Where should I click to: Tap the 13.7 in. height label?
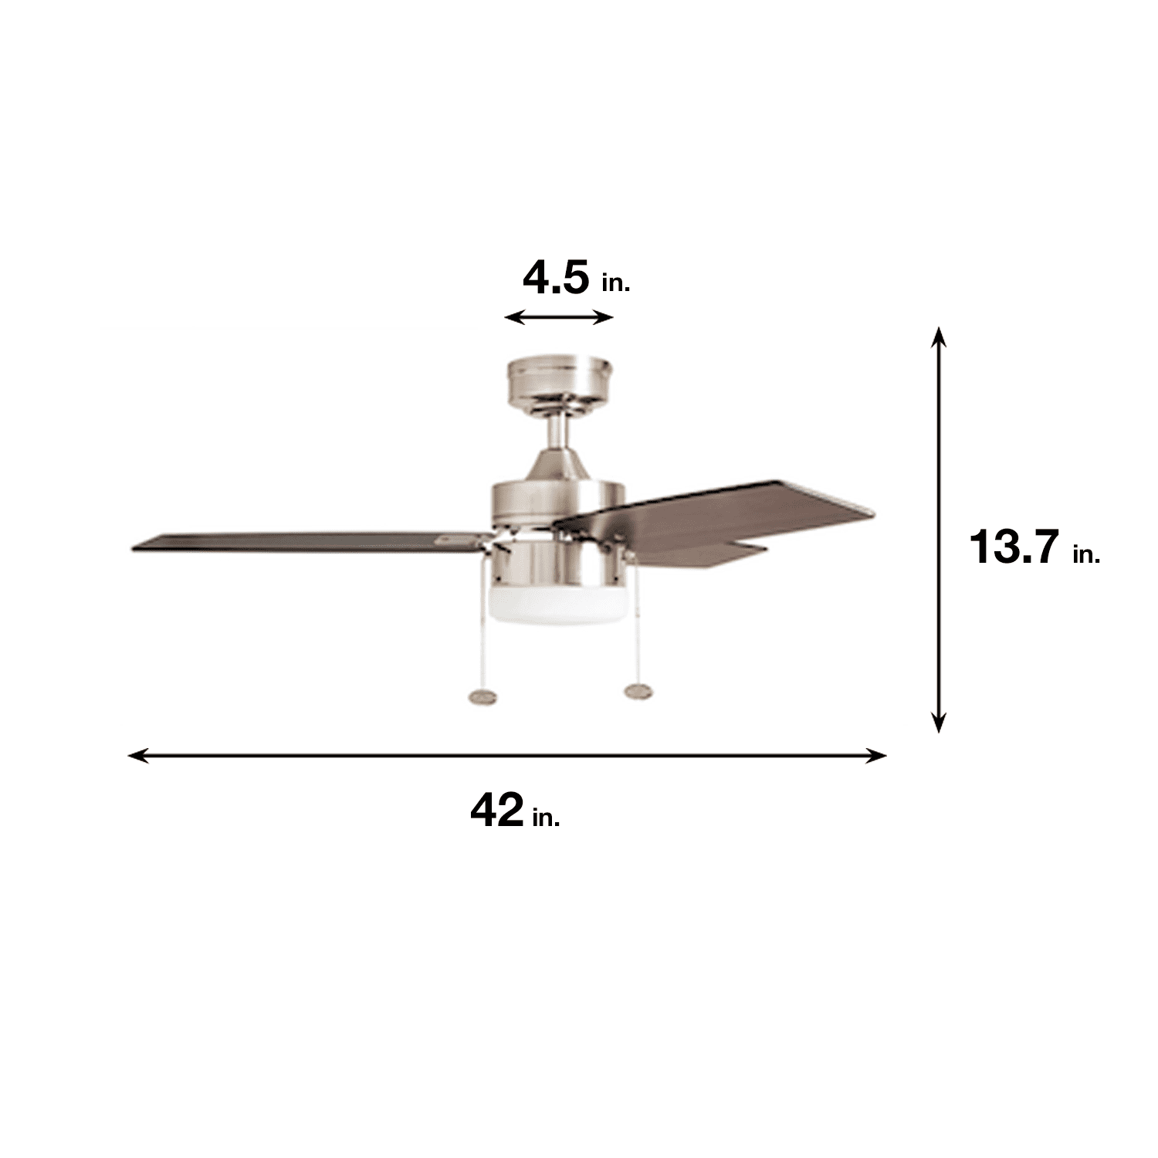coord(1034,547)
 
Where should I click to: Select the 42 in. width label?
coord(515,811)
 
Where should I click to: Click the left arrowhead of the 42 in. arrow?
coord(137,755)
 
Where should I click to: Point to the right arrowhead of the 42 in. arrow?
coord(876,755)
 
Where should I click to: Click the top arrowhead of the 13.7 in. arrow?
coord(938,337)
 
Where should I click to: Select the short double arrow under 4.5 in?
coord(558,317)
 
